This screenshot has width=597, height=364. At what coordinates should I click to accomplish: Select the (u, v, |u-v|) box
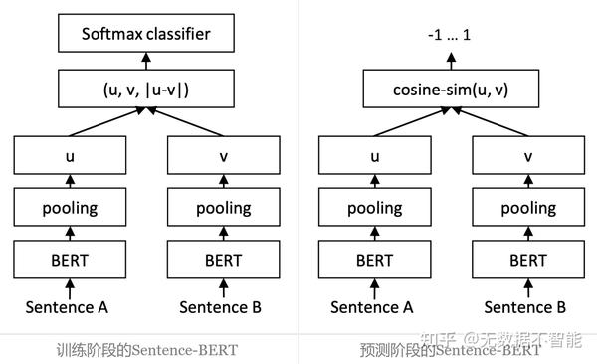(147, 90)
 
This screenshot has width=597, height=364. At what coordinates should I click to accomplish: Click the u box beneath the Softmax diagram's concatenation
(69, 156)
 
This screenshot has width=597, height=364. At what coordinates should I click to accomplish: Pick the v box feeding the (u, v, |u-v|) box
(223, 156)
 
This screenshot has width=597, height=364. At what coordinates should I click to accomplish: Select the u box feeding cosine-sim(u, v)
(373, 156)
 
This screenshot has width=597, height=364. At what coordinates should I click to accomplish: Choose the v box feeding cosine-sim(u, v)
(527, 156)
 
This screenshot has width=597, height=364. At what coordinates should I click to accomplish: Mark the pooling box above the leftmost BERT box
(69, 208)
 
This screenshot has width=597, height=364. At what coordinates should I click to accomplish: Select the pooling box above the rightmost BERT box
(527, 208)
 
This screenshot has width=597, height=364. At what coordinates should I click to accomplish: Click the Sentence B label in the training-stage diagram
(223, 307)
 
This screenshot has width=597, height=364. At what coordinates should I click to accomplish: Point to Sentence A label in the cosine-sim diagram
(373, 307)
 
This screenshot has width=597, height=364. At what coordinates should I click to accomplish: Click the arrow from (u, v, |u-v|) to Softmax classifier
(147, 63)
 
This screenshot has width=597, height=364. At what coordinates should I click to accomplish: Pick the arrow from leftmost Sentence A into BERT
(69, 287)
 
